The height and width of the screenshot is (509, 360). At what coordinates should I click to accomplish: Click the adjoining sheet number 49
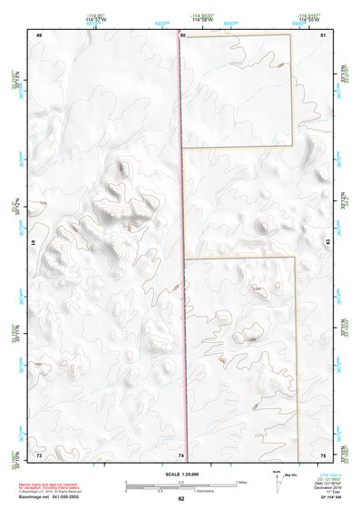click(x=39, y=34)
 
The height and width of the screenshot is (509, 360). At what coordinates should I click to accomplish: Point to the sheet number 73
click(x=39, y=453)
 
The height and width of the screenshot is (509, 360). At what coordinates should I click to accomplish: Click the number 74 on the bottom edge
click(x=181, y=454)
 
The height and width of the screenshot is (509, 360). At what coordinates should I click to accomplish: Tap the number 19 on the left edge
click(x=34, y=244)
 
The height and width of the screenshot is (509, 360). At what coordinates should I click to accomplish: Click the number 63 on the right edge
click(x=326, y=242)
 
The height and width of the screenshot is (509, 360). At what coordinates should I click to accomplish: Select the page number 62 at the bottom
click(x=181, y=498)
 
